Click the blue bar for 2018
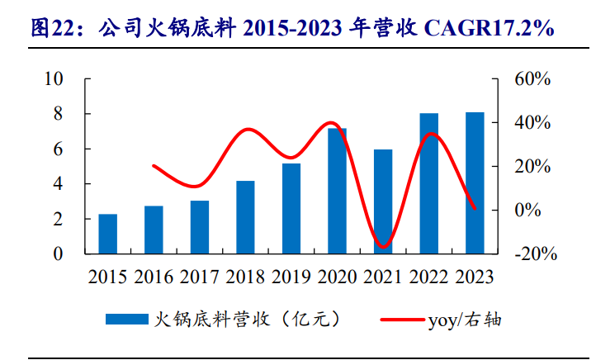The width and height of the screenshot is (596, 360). click(245, 217)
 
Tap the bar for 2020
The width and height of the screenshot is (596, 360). click(337, 191)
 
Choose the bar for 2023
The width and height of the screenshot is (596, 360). click(475, 182)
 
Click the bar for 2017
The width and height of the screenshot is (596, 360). click(200, 227)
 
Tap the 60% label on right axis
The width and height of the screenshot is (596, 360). click(532, 79)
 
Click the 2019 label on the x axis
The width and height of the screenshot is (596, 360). click(291, 276)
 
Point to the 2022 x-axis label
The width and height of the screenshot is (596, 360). click(428, 276)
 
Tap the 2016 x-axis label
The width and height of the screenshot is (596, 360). click(154, 276)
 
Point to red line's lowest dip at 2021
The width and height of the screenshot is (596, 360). click(382, 247)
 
